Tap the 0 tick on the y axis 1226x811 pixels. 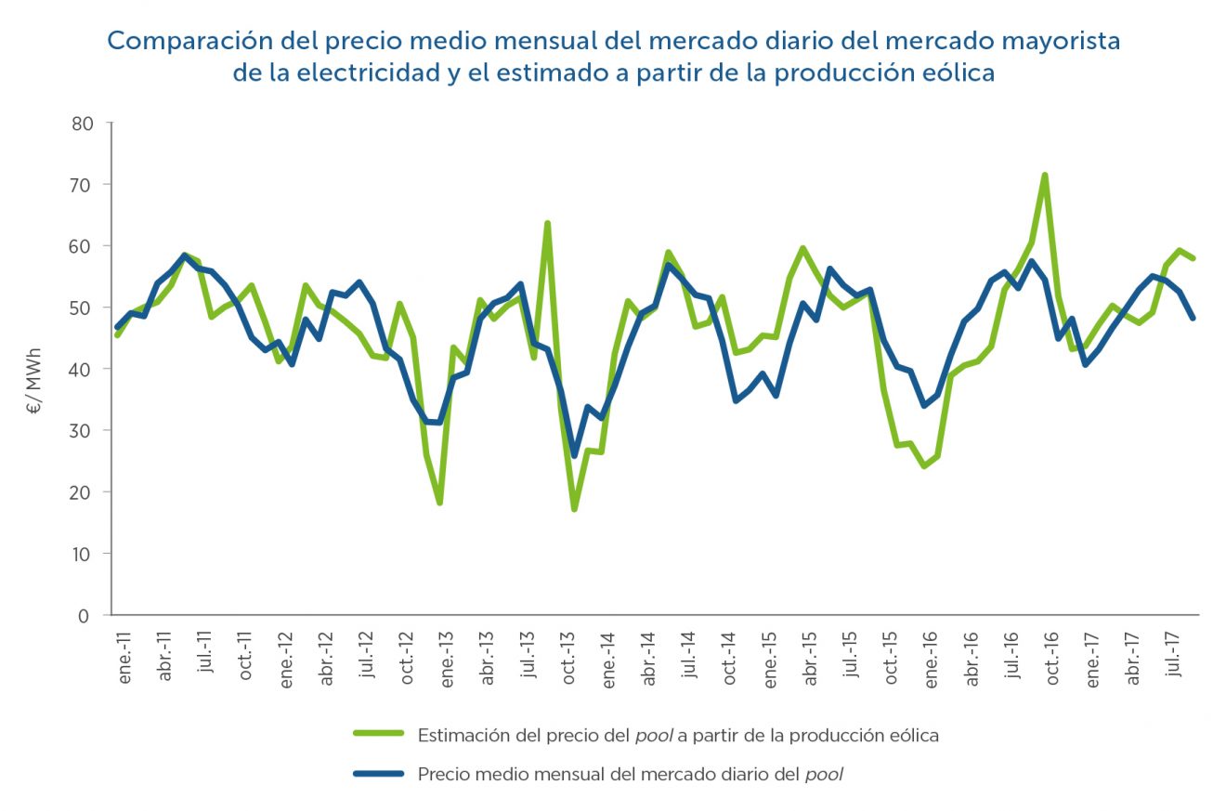click(89, 615)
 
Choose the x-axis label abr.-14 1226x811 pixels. click(651, 660)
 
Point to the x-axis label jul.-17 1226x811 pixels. click(1176, 660)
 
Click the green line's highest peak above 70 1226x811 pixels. click(1045, 175)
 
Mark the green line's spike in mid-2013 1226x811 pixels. click(547, 224)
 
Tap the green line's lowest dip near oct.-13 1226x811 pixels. click(574, 509)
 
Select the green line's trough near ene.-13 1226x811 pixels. click(439, 503)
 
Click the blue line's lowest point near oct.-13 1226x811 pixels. click(574, 455)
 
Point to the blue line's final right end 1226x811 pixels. click(1193, 318)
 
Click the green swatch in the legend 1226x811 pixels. click(378, 735)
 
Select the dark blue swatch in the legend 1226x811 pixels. click(378, 773)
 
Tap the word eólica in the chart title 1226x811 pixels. click(958, 73)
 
